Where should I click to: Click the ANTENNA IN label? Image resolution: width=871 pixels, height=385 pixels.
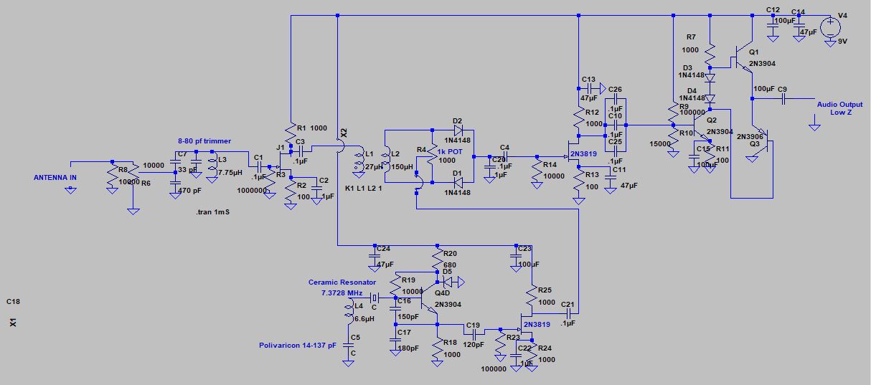(60, 177)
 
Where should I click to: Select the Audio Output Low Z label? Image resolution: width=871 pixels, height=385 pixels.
(839, 108)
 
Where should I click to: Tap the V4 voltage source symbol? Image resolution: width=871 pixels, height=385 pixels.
(830, 28)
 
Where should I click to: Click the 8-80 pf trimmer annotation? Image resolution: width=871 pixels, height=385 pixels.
(204, 141)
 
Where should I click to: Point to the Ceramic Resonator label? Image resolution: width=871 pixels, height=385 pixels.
(342, 282)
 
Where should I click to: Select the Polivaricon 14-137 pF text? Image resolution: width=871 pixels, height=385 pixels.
(297, 345)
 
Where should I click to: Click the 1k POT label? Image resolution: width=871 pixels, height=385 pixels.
(449, 152)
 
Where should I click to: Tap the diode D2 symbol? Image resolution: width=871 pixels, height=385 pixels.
(457, 130)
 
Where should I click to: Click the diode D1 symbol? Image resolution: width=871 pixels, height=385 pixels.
(457, 182)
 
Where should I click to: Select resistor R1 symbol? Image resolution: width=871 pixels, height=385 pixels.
(291, 132)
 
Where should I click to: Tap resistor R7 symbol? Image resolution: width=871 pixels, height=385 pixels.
(709, 52)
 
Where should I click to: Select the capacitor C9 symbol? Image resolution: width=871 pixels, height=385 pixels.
(783, 98)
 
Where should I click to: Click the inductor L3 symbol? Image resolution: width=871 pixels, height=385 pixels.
(211, 166)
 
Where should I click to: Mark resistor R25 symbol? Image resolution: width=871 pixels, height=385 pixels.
(531, 295)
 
